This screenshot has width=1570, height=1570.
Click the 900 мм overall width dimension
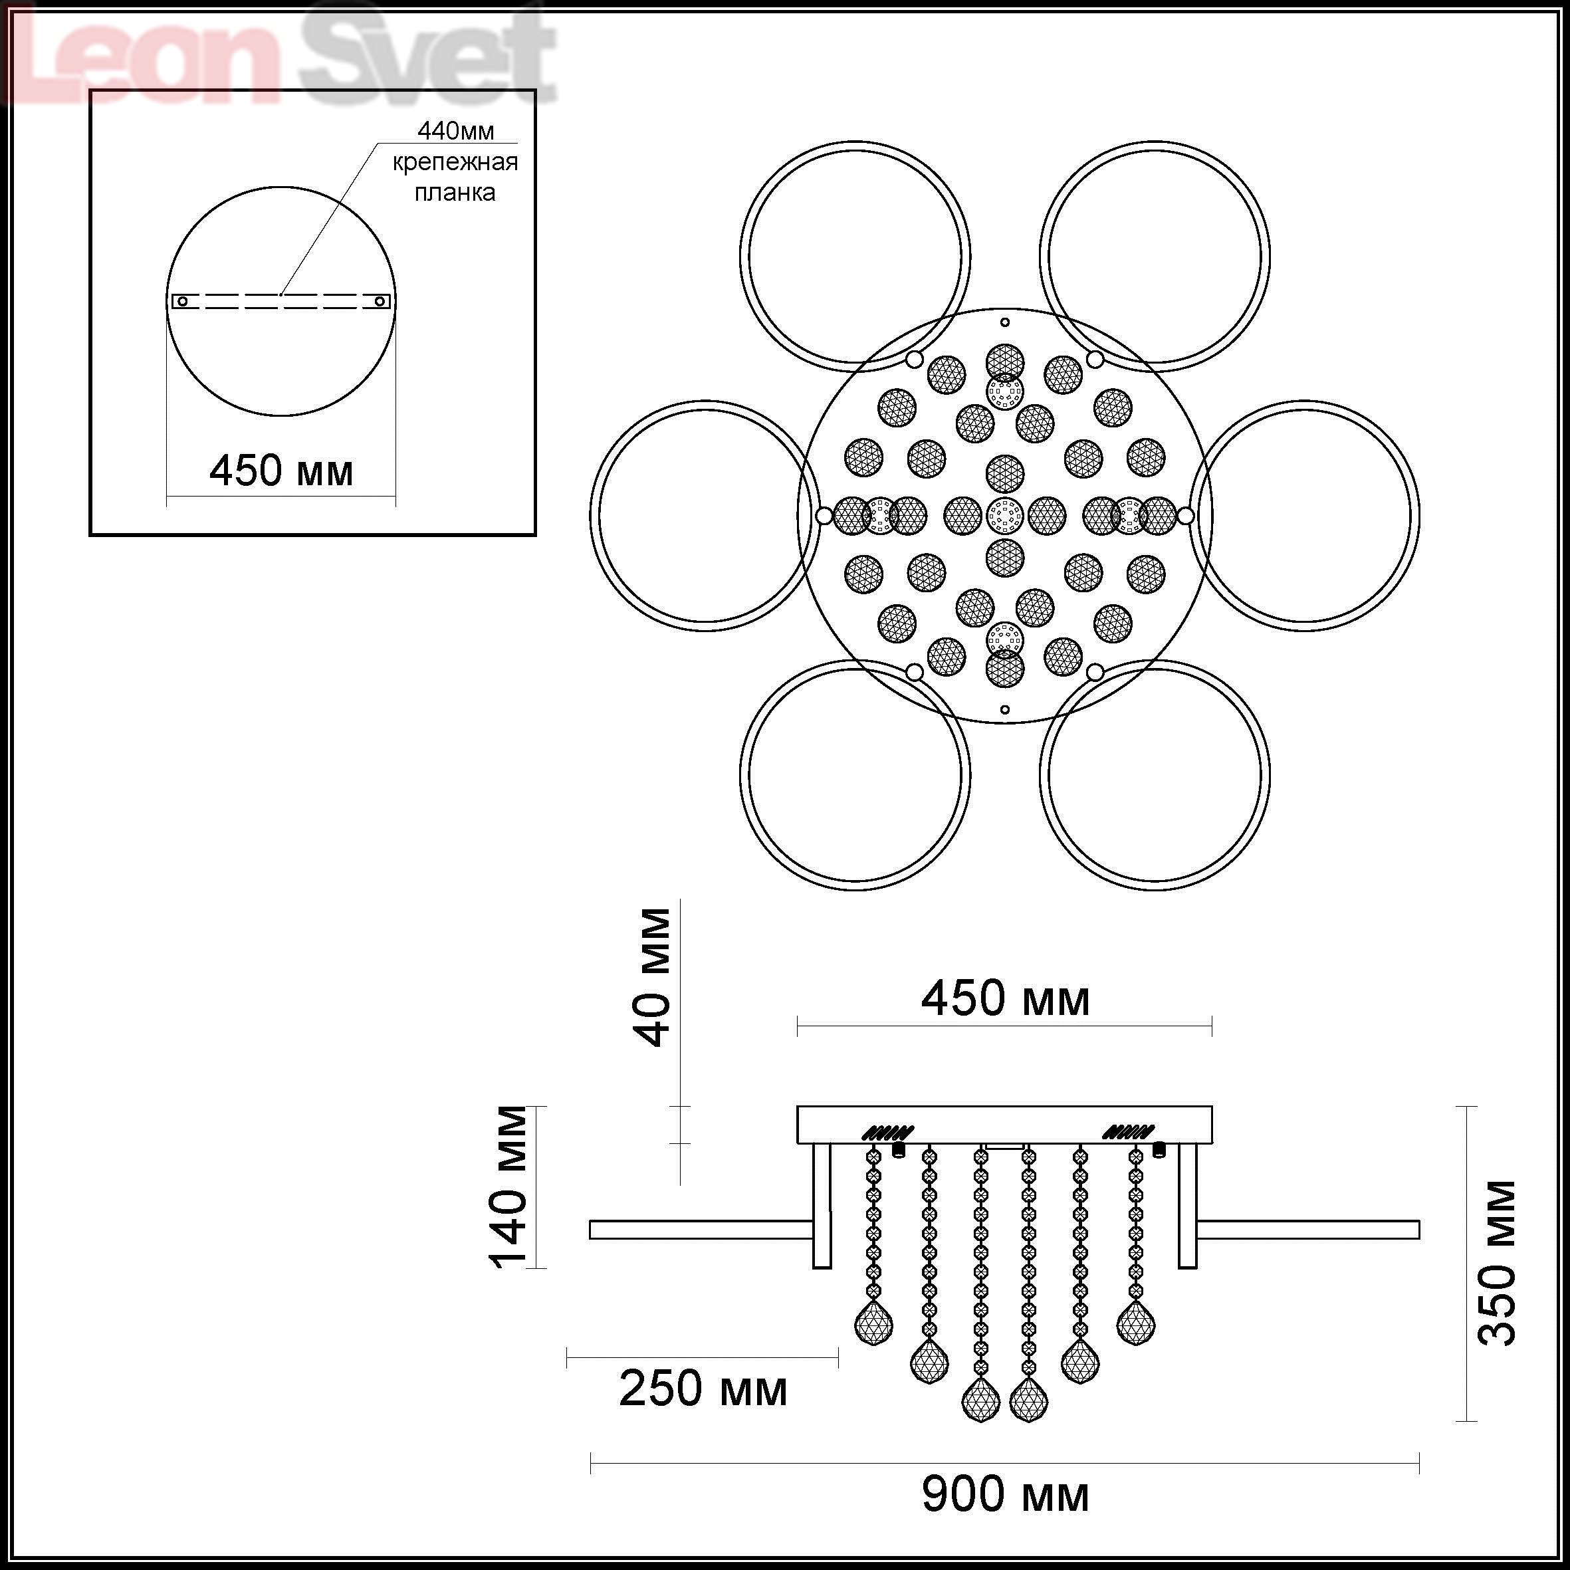click(1005, 1494)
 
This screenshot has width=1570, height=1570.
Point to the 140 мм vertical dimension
click(508, 1187)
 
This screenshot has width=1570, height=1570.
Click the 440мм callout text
click(455, 131)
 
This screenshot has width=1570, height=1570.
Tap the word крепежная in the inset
click(455, 163)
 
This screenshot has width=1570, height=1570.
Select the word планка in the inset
click(455, 193)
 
